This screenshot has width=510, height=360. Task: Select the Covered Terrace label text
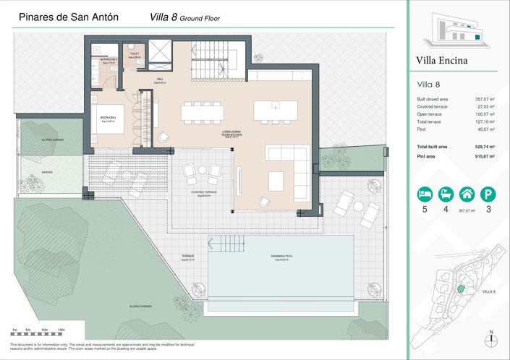[x=204, y=192]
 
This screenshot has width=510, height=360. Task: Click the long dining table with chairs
[x=203, y=113]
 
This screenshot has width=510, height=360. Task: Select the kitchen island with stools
[x=275, y=111]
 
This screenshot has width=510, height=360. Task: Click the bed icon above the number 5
[x=424, y=194]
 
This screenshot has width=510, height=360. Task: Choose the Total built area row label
[x=433, y=147]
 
